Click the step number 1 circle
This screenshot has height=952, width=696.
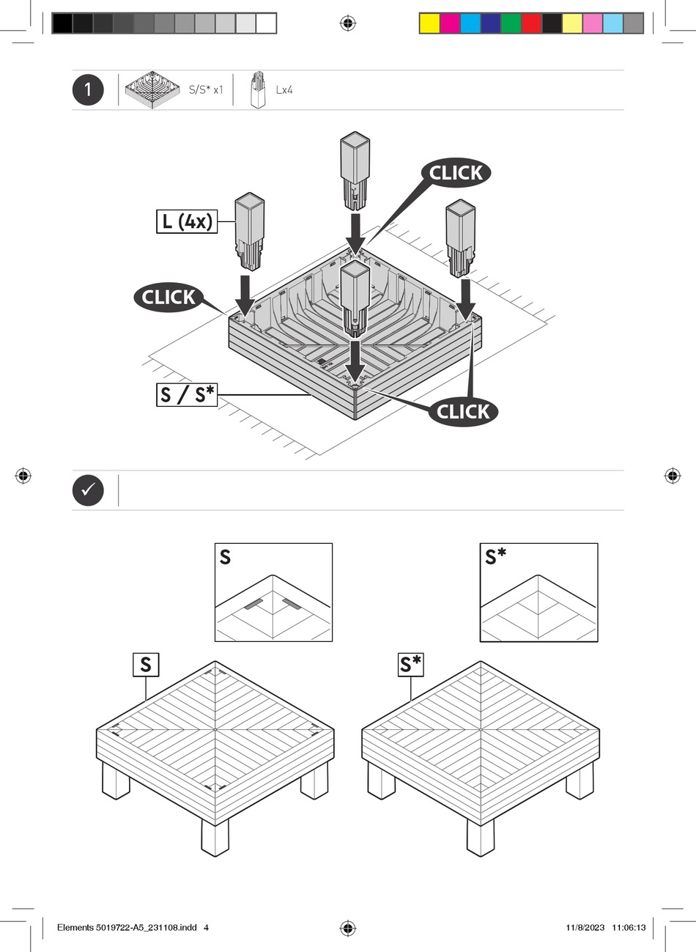pos(88,90)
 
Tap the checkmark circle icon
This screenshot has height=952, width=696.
pos(88,490)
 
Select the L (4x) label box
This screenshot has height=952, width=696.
pos(187,221)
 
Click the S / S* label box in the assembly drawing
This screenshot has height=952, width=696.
pos(187,395)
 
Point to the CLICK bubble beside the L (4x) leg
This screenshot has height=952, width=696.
pos(169,297)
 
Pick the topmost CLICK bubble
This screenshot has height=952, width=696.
pos(456,173)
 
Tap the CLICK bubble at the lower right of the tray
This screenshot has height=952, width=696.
pos(463,411)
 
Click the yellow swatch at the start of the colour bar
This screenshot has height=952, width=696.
pos(429,23)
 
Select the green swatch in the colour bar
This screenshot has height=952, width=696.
pos(511,23)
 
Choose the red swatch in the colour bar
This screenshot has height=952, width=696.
pos(532,23)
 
